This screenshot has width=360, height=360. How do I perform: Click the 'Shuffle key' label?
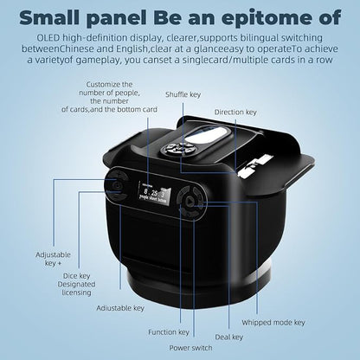183,94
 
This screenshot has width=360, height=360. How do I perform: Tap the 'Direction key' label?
235,112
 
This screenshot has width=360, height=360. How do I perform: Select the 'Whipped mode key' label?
273,323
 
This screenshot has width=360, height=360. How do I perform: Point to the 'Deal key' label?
229,337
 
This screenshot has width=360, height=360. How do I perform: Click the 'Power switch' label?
190,348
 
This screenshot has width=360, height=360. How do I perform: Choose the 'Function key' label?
169,332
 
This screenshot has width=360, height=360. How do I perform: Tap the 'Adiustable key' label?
120,308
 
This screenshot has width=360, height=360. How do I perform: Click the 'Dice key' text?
77,276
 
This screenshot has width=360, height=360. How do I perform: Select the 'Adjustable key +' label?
53,259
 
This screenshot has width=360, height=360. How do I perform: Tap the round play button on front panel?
189,202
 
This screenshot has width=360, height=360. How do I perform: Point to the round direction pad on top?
178,149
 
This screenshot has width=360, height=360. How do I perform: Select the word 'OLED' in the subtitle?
48,38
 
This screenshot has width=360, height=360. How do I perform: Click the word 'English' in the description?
132,49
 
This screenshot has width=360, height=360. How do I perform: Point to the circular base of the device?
199,284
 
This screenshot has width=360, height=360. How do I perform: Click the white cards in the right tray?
255,166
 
